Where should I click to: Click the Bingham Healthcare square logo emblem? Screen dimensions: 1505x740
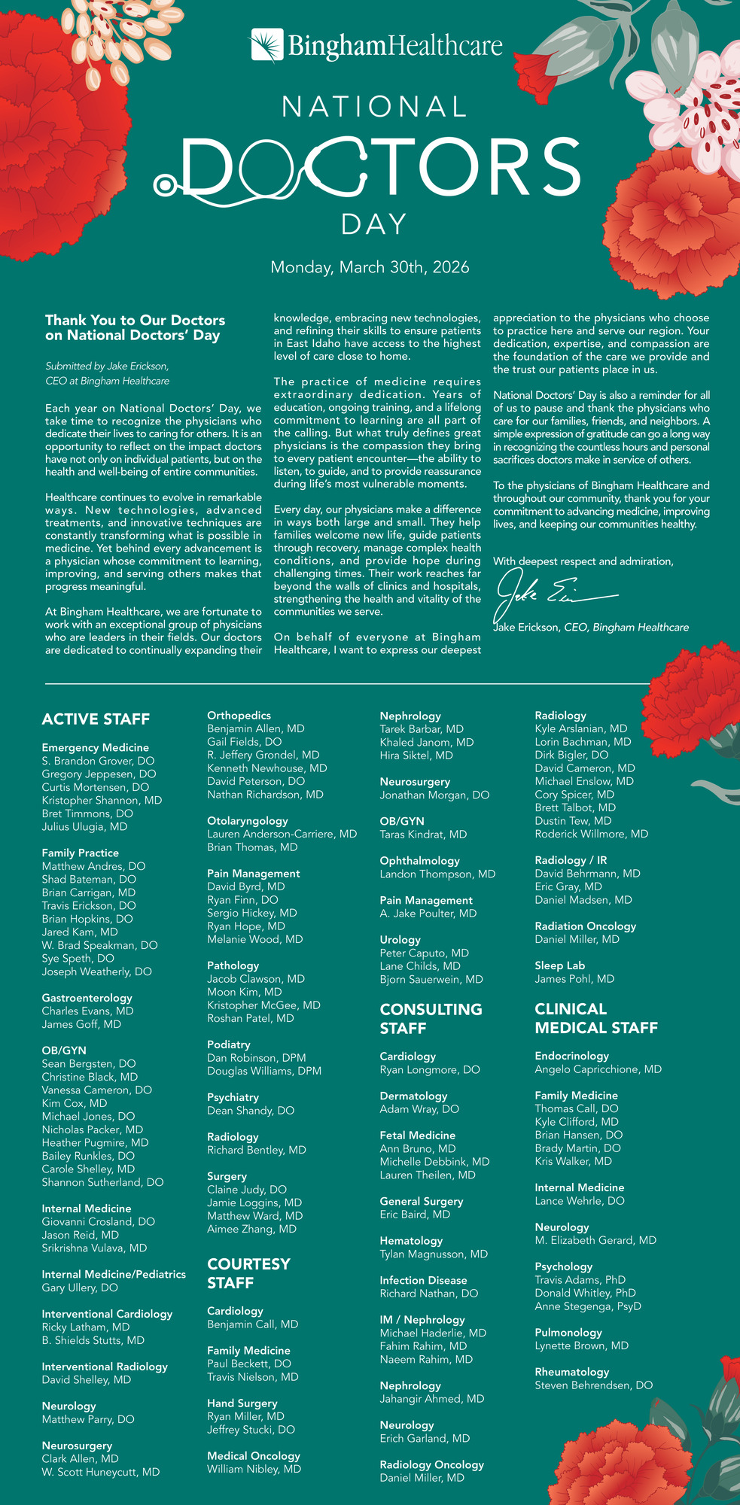tap(267, 44)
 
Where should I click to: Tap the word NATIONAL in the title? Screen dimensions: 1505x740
tap(375, 106)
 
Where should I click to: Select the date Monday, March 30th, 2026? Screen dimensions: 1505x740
tap(370, 267)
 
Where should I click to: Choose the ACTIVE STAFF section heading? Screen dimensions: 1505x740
tap(96, 719)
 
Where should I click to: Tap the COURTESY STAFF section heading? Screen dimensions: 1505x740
tap(248, 1273)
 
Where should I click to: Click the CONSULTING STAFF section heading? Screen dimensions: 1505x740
tap(431, 1019)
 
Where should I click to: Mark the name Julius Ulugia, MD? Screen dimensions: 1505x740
tap(84, 827)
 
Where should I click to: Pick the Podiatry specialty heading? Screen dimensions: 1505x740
tap(229, 1044)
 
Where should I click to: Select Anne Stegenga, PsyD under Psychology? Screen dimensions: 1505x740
tap(588, 1306)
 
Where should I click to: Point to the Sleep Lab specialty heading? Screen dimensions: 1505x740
tap(559, 965)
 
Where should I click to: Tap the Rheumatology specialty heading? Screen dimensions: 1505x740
tap(571, 1372)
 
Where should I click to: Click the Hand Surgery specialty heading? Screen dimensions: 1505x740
tap(242, 1403)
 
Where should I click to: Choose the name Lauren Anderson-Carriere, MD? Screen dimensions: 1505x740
tap(282, 834)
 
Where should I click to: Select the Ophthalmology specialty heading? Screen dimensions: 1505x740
tap(419, 861)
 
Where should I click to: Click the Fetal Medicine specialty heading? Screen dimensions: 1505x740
tap(417, 1136)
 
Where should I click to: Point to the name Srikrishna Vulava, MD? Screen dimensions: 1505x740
tap(94, 1248)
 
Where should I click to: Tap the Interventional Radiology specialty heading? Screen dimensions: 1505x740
tap(105, 1367)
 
